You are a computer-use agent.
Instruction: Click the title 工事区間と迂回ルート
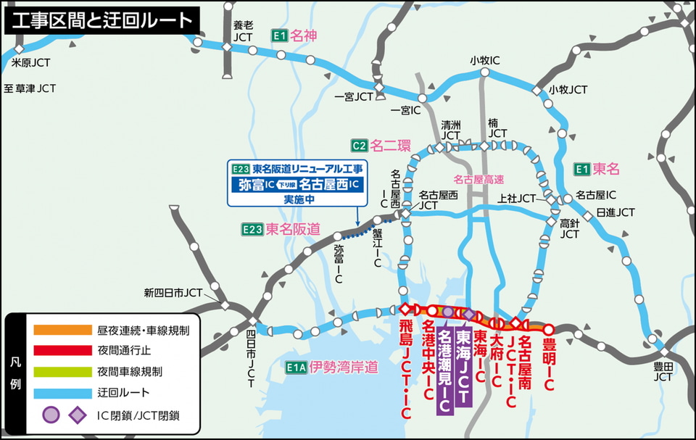coord(102,20)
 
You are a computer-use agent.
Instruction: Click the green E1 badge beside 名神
coord(279,35)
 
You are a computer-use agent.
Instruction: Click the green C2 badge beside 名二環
coord(358,144)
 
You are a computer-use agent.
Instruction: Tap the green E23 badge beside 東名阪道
coord(252,229)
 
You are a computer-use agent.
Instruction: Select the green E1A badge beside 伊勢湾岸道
coord(296,368)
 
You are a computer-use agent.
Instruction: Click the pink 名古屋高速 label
coord(478,178)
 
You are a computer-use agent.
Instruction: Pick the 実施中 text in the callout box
coord(299,199)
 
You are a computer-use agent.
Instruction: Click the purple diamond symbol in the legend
coord(75,415)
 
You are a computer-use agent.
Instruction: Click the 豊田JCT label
coord(663,372)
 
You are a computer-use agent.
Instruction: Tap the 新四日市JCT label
coord(173,293)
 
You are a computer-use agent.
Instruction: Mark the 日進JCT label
coord(615,212)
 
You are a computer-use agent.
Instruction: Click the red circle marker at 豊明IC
coord(549,328)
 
